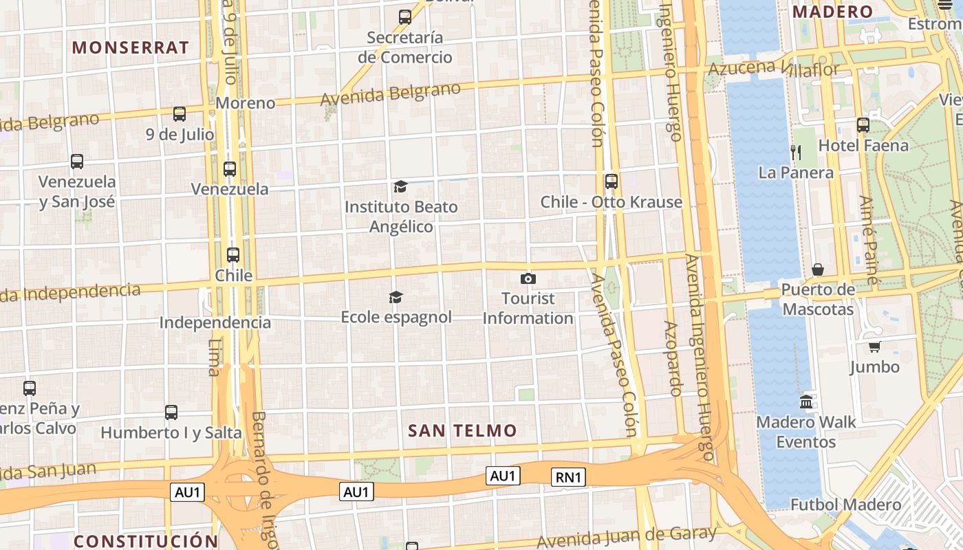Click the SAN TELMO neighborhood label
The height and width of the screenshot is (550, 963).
[462, 431]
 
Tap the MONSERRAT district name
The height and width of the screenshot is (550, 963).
[131, 47]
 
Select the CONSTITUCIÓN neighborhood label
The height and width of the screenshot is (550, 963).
[146, 541]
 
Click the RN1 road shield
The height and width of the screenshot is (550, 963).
[568, 477]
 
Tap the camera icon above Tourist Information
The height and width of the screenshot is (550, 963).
[528, 278]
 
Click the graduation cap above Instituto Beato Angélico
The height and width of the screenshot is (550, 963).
[400, 186]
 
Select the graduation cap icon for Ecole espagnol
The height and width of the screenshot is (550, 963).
[396, 297]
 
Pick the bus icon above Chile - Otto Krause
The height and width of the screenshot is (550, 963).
[611, 181]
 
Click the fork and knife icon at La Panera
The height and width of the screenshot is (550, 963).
[796, 152]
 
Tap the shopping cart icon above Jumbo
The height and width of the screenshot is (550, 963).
[874, 346]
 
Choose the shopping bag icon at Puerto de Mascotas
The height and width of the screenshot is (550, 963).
[818, 269]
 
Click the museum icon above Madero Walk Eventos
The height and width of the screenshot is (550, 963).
[806, 401]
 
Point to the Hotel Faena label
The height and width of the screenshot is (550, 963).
[863, 146]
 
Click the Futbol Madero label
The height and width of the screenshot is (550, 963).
[845, 505]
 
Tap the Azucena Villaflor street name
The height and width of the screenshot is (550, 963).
[774, 69]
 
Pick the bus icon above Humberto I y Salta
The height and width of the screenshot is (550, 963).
[171, 412]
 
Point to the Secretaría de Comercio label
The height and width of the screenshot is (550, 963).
[405, 47]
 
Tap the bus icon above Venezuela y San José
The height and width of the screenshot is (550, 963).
[77, 162]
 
